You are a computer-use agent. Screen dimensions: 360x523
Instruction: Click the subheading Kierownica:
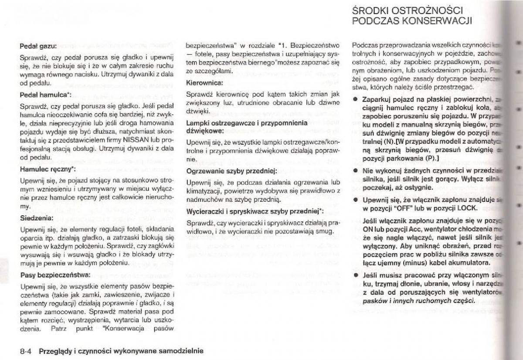pos(205,82)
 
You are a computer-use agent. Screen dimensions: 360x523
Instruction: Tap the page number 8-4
pos(27,350)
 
